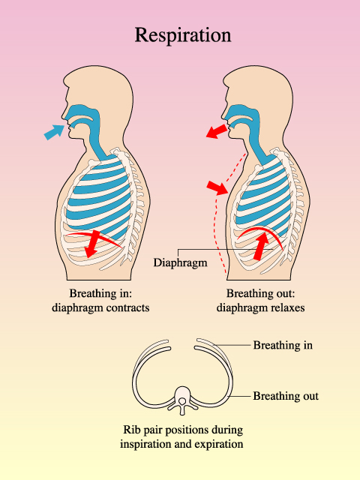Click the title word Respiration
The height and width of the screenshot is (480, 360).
183,35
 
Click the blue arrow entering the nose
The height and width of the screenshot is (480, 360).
55,132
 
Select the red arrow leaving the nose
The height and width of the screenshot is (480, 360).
217,132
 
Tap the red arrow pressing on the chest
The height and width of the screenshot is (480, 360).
217,187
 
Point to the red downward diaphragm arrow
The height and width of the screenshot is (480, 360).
92,244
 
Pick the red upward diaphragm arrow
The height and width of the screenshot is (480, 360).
261,247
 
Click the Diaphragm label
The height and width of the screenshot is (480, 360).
180,262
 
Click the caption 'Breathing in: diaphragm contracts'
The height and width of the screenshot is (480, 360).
100,300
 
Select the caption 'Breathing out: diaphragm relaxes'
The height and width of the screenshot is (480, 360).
260,300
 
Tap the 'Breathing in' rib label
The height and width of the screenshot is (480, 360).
283,345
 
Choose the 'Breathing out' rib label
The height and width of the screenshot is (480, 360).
286,396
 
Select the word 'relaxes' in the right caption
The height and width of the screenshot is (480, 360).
286,307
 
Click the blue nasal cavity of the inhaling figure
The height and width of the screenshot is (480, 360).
81,115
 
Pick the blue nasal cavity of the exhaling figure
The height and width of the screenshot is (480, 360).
241,115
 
